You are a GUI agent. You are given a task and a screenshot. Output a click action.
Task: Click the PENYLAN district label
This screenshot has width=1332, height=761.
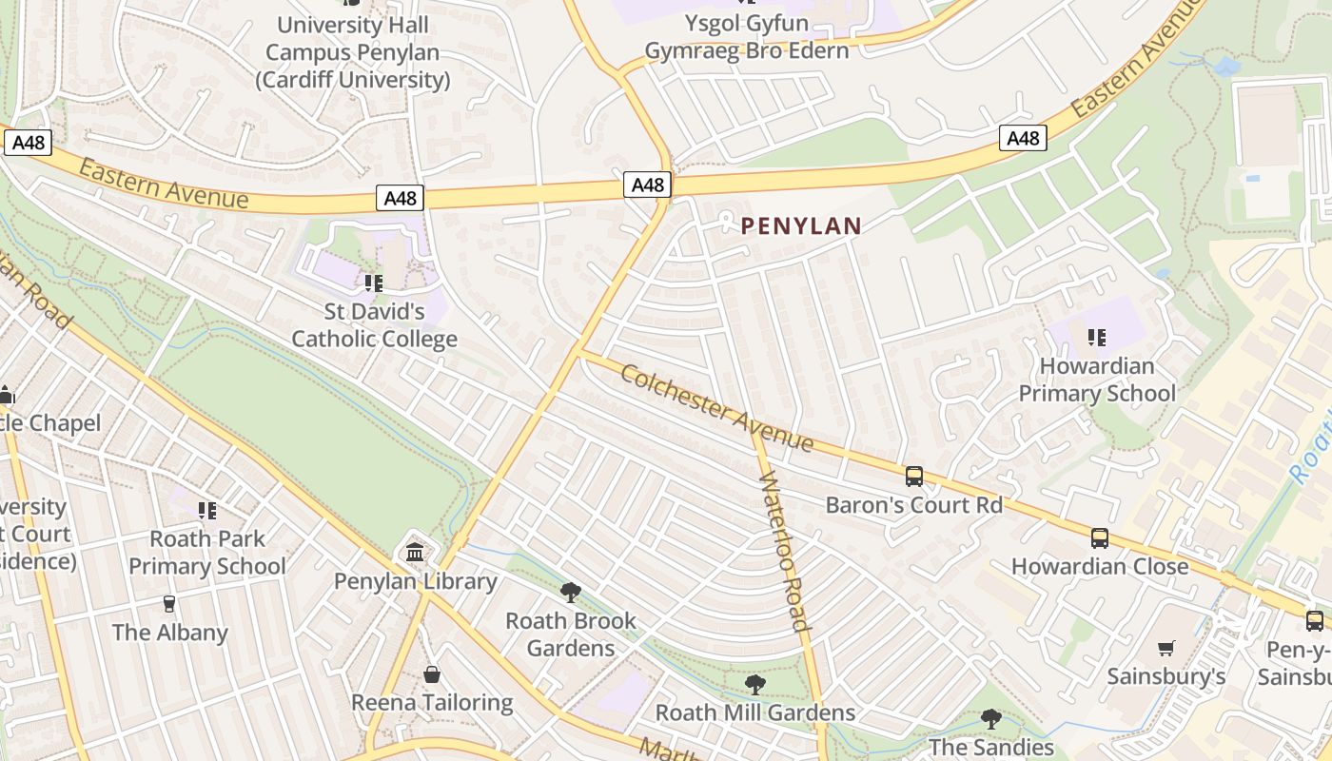click(801, 226)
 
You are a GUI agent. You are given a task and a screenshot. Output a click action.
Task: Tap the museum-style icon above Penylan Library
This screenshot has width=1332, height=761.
click(415, 552)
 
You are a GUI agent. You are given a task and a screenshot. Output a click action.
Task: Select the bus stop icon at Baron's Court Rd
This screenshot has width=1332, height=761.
click(914, 476)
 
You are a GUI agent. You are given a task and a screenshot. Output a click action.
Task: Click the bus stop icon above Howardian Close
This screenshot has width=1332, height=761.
click(1100, 538)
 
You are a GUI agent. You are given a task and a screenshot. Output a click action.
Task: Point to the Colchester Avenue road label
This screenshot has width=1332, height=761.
click(716, 407)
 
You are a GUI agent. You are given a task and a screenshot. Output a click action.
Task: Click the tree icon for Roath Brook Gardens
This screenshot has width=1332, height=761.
click(571, 593)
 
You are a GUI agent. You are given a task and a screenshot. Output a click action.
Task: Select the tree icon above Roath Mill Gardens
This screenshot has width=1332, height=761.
click(755, 684)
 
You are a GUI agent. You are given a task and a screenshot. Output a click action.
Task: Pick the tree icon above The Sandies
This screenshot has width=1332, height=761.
click(990, 718)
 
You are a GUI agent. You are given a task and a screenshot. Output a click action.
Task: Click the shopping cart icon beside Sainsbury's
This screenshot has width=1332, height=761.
click(1166, 649)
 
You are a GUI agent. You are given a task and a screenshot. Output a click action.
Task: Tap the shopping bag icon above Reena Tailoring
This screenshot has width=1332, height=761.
click(432, 674)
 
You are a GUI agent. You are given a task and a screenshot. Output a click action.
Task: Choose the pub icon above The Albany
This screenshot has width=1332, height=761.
click(169, 604)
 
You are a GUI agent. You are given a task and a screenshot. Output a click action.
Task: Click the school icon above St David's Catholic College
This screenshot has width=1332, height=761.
click(374, 283)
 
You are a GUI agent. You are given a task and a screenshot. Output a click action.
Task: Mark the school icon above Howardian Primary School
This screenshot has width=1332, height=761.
click(1097, 338)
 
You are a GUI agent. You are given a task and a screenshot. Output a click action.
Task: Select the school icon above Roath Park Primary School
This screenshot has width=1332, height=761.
click(207, 511)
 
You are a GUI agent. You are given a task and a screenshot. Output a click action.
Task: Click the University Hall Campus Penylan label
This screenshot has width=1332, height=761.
click(352, 52)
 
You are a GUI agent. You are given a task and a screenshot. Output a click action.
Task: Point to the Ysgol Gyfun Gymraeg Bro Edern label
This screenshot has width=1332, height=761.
click(747, 36)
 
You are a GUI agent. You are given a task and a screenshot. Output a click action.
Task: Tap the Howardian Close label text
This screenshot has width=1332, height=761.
click(1100, 566)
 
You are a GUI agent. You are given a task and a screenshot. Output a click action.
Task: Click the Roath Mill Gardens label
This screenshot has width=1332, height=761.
click(755, 712)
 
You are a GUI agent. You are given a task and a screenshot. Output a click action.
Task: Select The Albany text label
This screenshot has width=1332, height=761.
click(170, 633)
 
